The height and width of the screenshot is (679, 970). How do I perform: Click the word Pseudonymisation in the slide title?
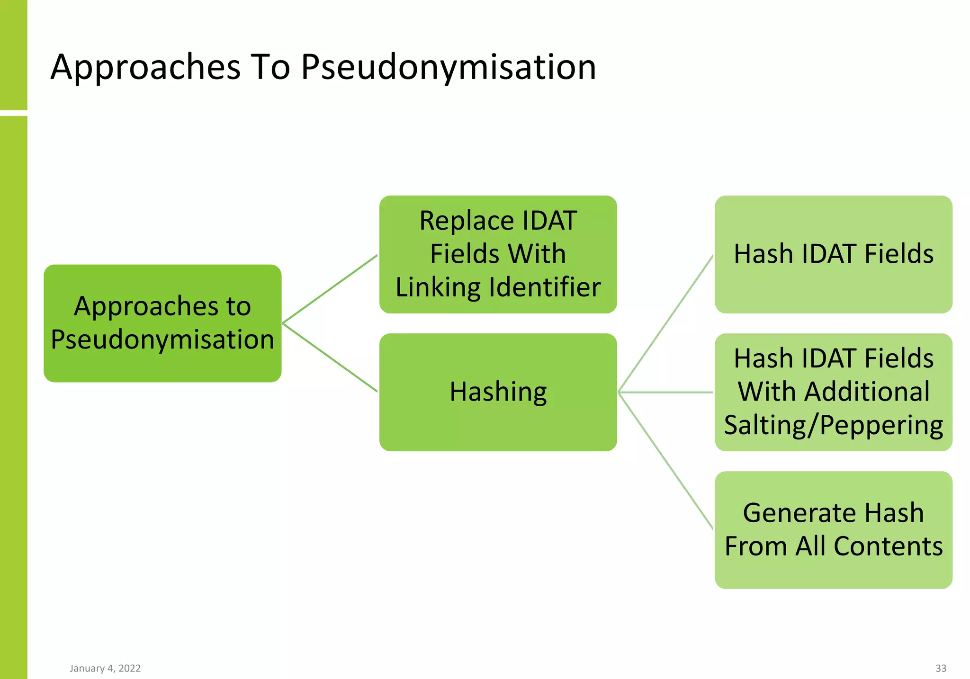pos(448,68)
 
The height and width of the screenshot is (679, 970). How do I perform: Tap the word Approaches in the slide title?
pos(145,68)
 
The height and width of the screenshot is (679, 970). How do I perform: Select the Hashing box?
pos(498,392)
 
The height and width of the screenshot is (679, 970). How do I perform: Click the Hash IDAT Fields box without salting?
pos(833,254)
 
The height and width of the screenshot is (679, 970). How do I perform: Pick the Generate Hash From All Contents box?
pos(833,530)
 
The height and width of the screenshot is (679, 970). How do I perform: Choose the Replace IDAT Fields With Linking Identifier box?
pos(498,254)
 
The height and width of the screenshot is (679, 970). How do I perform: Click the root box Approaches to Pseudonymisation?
pos(162,323)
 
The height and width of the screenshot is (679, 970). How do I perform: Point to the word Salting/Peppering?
pos(833,425)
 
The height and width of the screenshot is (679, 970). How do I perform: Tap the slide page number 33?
pos(941,668)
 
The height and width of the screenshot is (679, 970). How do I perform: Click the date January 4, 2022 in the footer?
pos(105,668)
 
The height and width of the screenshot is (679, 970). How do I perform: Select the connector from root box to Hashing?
pos(330,358)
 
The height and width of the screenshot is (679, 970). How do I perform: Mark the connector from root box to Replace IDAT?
pos(330,289)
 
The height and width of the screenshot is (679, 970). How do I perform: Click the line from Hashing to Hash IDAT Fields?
pos(665,324)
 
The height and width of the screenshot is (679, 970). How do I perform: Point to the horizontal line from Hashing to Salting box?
pos(665,392)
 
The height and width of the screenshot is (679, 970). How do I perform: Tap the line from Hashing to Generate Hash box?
pos(665,460)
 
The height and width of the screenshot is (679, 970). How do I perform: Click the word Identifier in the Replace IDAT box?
pos(545,287)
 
